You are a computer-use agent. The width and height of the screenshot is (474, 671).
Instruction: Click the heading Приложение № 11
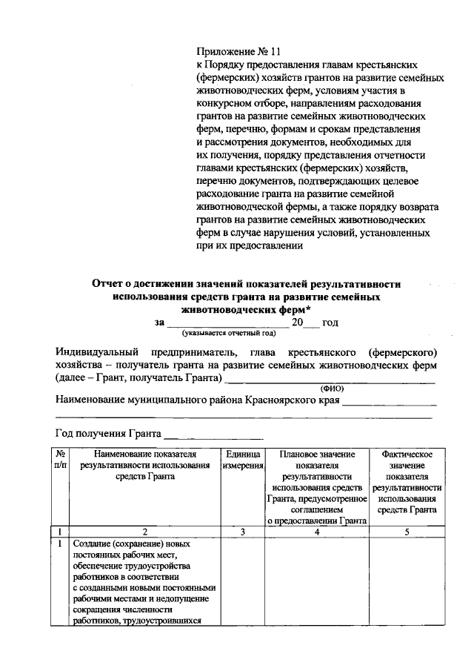coord(239,51)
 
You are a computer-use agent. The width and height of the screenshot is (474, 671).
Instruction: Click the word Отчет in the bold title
coord(108,284)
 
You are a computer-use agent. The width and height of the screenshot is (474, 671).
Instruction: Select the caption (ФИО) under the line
coord(331,388)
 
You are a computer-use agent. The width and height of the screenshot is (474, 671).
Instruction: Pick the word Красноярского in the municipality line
coord(276,400)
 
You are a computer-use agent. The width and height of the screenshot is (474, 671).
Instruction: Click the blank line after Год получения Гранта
coord(213,434)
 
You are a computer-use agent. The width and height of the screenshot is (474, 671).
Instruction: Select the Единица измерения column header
coord(243,459)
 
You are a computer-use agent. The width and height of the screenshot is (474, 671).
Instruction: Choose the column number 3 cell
coord(243,532)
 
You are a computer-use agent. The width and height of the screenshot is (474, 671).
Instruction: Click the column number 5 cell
coord(407,532)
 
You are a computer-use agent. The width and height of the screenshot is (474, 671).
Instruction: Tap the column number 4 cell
coord(317,532)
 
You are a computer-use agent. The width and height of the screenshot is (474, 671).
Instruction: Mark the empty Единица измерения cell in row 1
coord(243,582)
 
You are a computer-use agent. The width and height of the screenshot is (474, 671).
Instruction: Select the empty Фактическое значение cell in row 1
coord(407,582)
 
